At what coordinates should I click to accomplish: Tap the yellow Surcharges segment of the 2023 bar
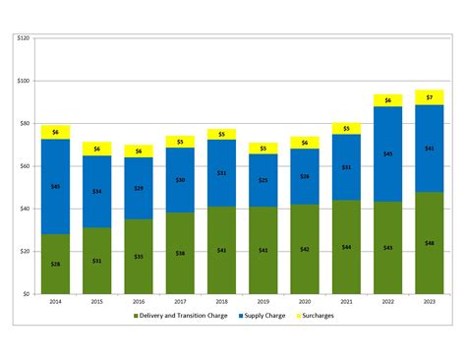(430, 97)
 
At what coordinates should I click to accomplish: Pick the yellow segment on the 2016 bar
(139, 151)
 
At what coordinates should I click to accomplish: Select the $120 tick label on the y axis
(24, 38)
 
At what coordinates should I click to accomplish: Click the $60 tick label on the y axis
(25, 166)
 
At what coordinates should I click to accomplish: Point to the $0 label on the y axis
(27, 294)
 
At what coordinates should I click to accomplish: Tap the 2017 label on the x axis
(180, 303)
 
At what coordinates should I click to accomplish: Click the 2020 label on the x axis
(305, 303)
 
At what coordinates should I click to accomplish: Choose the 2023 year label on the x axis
(430, 303)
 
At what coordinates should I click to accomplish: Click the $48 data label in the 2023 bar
(430, 243)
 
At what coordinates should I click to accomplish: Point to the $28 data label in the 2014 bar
(55, 265)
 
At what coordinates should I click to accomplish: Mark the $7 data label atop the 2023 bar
(430, 97)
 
